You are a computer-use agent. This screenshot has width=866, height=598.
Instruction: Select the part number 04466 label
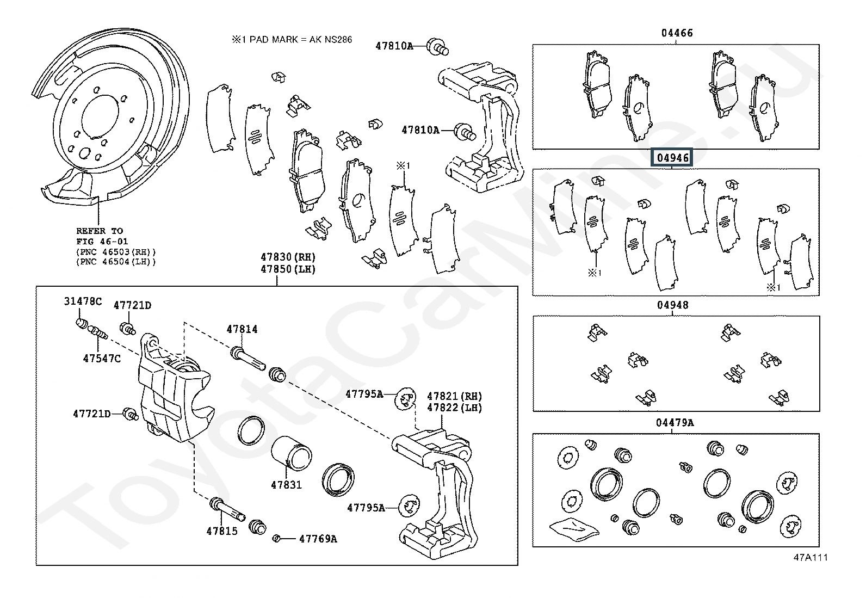[677, 33]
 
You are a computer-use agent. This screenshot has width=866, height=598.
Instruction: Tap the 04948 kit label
[673, 305]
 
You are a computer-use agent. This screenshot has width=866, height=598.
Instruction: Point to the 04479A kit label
[675, 423]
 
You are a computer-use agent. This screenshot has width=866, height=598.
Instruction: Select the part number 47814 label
[242, 329]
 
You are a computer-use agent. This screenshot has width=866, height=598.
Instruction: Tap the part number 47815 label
[222, 531]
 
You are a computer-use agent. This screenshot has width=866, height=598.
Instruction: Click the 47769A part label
[318, 539]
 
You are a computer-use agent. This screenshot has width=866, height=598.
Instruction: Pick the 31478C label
[83, 301]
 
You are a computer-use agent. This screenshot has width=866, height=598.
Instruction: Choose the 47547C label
[102, 359]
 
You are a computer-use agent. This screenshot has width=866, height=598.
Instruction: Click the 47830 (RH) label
[288, 257]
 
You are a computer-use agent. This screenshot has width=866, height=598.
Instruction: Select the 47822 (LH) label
[455, 408]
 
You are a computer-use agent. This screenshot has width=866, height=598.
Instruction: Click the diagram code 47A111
[811, 557]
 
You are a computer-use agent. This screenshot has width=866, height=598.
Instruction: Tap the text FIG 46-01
[102, 242]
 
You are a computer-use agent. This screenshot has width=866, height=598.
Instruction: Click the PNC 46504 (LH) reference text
[116, 262]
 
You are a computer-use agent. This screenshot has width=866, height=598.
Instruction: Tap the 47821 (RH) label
[455, 397]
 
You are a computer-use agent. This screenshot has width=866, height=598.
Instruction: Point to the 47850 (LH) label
[288, 269]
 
